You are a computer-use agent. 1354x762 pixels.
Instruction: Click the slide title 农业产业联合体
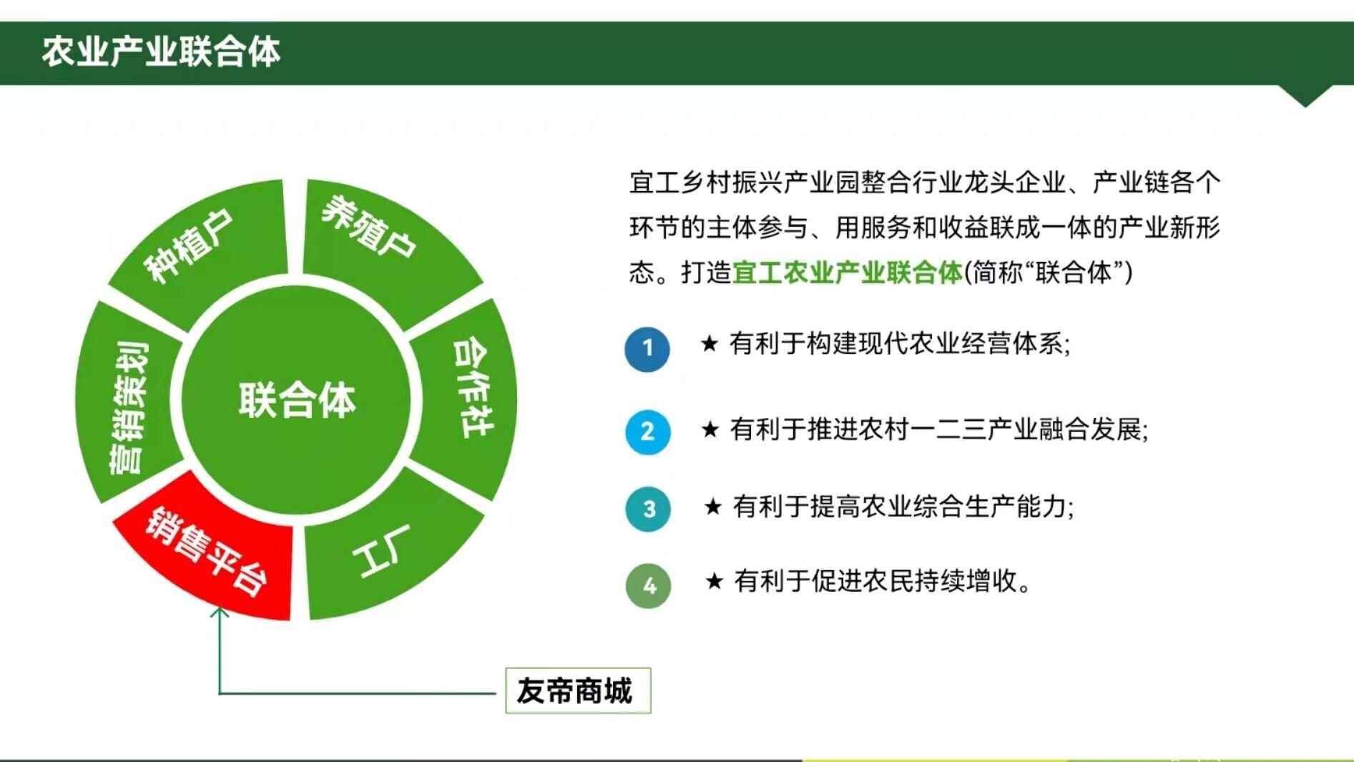161,52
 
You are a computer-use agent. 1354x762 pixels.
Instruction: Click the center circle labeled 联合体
297,399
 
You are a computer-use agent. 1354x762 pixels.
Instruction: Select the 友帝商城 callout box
578,690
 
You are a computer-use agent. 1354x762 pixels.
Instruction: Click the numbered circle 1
647,349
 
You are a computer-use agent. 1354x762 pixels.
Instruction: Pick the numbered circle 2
647,432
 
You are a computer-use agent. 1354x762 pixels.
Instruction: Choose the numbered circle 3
648,509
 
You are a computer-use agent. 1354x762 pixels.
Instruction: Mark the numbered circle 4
649,586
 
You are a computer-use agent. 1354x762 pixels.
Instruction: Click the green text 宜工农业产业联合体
848,273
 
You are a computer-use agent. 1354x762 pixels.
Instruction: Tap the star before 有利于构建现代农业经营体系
709,344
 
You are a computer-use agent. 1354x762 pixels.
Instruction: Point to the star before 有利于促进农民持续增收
714,581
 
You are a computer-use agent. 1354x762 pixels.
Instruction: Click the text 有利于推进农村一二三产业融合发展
938,429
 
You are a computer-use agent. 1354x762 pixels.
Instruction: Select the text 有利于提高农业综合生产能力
903,507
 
